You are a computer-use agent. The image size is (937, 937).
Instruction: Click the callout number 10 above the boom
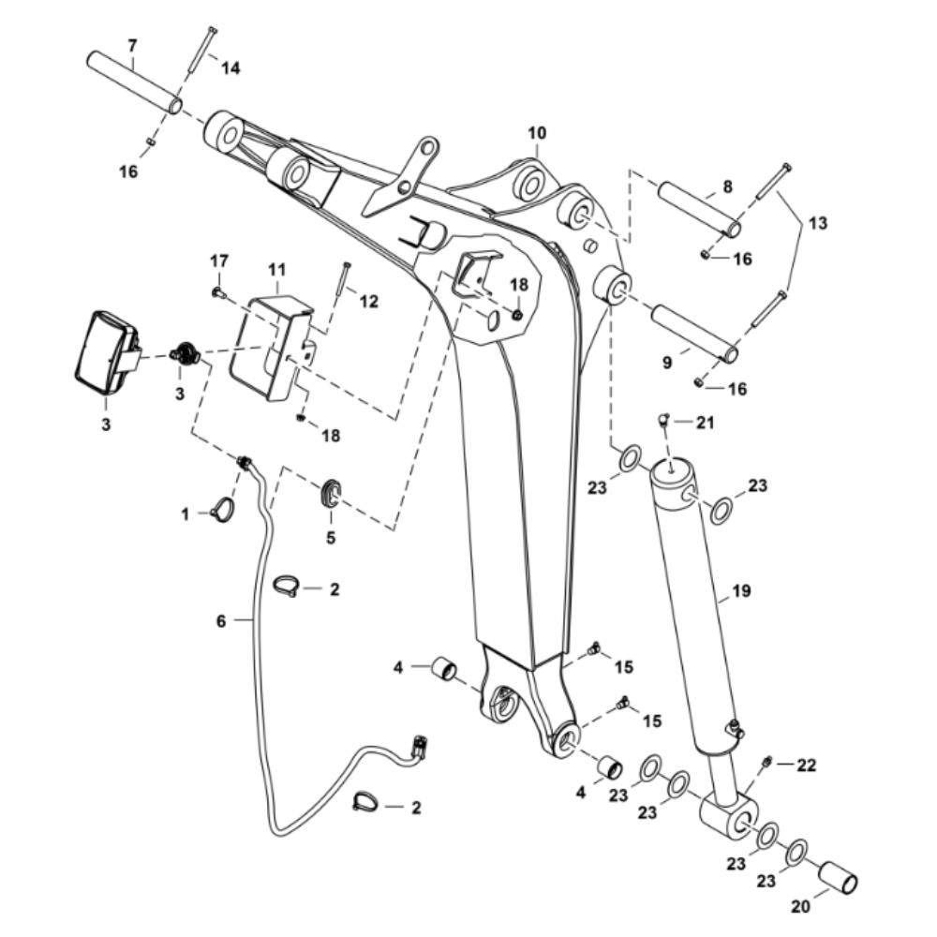[x=537, y=133]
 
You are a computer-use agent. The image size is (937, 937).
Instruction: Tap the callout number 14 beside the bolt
[x=231, y=68]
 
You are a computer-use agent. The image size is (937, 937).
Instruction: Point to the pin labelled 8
[x=700, y=210]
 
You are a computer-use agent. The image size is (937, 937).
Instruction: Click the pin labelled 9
[x=695, y=334]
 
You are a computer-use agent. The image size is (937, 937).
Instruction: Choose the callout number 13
[x=818, y=223]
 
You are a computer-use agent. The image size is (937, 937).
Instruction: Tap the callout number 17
[x=218, y=261]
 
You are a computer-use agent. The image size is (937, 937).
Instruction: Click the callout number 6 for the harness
[x=221, y=621]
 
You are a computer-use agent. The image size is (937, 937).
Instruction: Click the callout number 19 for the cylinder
[x=741, y=591]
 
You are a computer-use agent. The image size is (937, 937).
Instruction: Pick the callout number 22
[x=806, y=765]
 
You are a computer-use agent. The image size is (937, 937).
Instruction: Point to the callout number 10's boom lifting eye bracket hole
[x=426, y=147]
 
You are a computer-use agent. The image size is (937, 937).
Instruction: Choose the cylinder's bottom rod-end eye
[x=728, y=818]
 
